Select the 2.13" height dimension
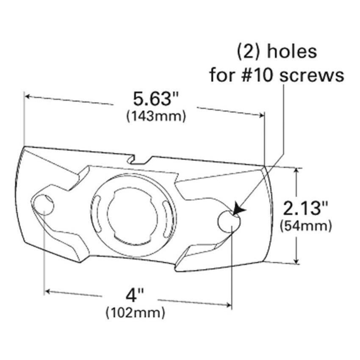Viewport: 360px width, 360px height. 306,209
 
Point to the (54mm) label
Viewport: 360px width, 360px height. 306,226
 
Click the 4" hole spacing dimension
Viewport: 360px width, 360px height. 136,295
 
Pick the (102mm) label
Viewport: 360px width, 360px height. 135,313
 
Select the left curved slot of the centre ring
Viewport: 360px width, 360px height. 97,208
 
